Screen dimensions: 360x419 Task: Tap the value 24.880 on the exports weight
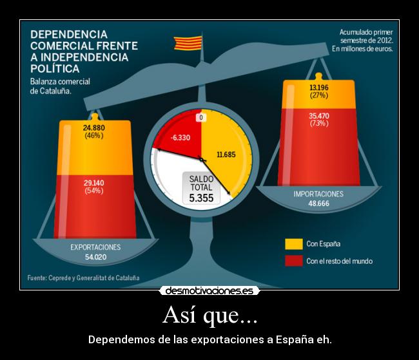click(94, 128)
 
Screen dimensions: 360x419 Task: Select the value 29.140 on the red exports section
click(94, 183)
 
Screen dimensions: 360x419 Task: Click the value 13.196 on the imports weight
click(318, 88)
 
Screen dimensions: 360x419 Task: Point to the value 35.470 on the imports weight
click(318, 116)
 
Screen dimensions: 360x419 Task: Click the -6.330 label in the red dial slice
click(180, 138)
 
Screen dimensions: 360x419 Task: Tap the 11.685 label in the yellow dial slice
click(226, 155)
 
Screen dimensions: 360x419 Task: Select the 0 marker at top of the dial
click(201, 118)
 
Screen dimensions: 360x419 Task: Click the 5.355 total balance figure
click(201, 198)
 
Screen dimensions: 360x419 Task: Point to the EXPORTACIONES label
click(95, 247)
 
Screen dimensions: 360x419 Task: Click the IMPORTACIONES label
click(318, 193)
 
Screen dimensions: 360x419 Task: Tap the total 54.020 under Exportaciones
click(95, 257)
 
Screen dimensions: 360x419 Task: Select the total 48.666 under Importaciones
click(318, 204)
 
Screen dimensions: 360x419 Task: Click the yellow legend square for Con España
click(293, 244)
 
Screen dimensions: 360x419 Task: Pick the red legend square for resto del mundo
click(293, 261)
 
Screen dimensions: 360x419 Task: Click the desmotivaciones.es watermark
click(209, 291)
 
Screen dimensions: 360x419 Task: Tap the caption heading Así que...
click(209, 316)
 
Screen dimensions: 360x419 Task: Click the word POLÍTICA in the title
click(55, 68)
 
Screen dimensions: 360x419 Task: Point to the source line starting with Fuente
click(83, 278)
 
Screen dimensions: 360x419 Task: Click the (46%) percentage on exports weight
click(94, 136)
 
